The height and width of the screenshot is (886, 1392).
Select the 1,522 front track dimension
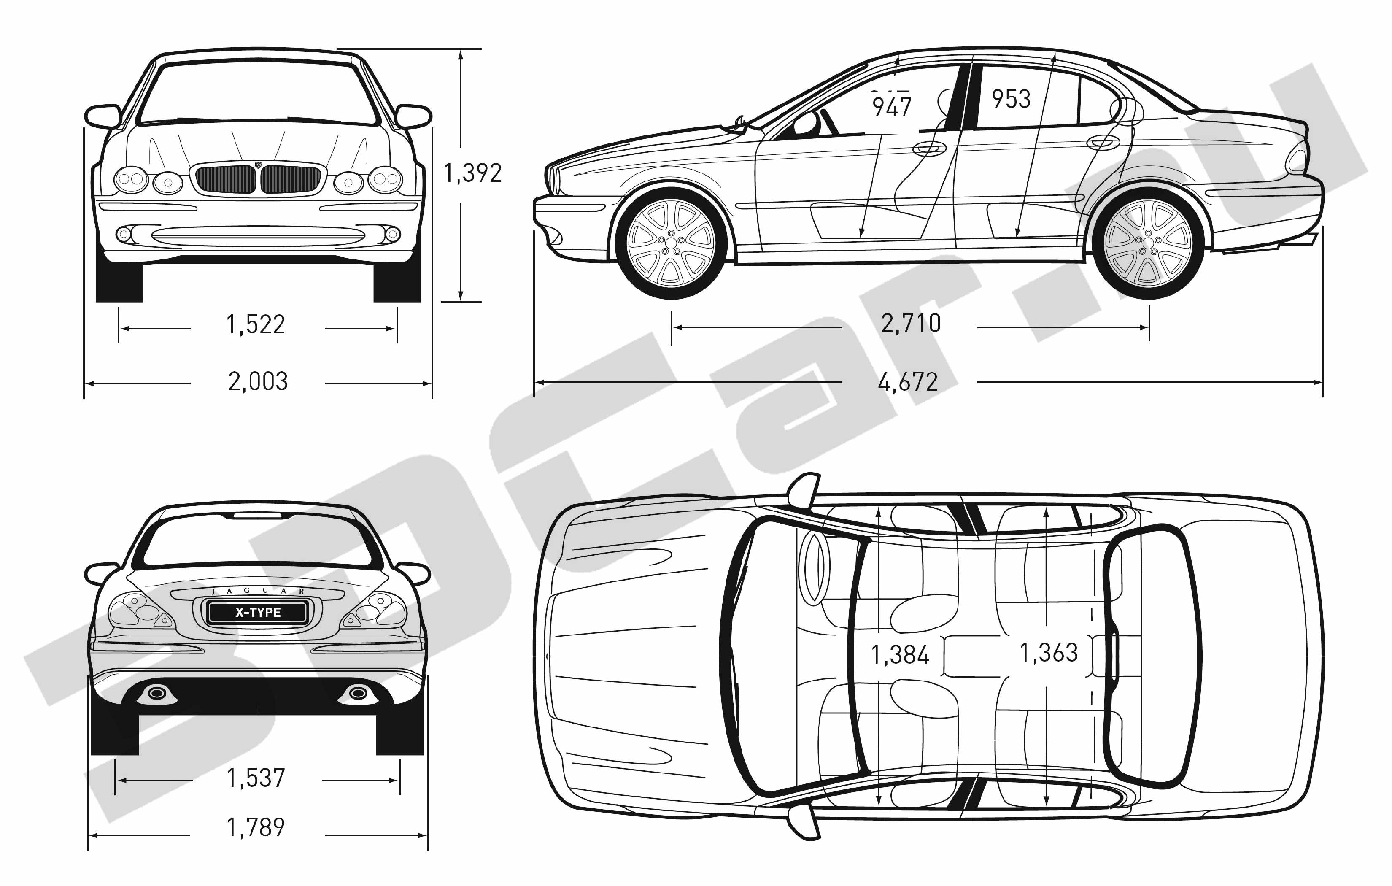tap(256, 324)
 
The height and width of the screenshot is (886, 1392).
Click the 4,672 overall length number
tap(908, 382)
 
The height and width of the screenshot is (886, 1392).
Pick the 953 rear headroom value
tap(1011, 99)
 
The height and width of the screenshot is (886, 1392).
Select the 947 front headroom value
tap(892, 106)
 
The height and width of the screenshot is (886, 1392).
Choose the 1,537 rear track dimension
tap(256, 778)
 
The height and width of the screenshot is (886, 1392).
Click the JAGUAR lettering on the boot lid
tap(258, 591)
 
